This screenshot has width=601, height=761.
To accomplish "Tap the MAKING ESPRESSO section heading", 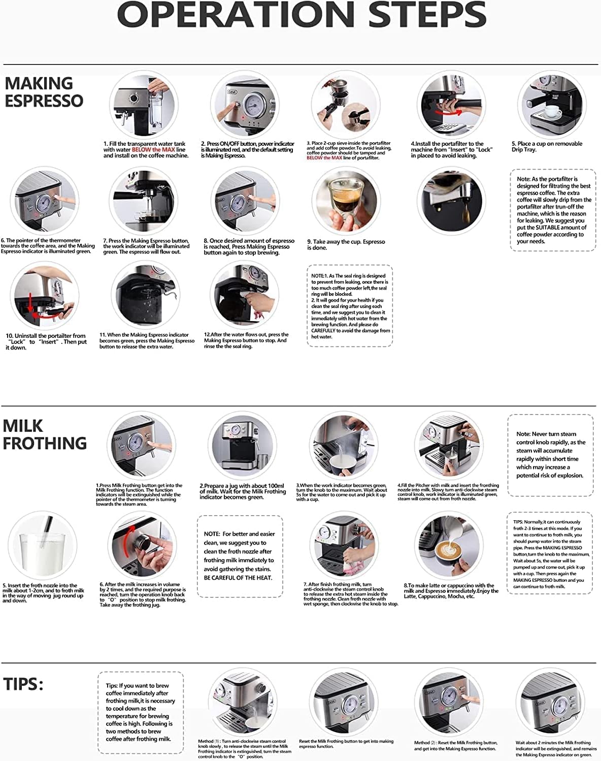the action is pyautogui.click(x=44, y=92).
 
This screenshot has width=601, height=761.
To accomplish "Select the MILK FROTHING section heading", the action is pyautogui.click(x=45, y=434).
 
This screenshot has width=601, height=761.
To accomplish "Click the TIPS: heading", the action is pyautogui.click(x=23, y=684).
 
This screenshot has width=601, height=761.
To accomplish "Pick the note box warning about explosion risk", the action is pyautogui.click(x=550, y=455).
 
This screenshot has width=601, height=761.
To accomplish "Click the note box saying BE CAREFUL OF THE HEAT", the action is pyautogui.click(x=240, y=556).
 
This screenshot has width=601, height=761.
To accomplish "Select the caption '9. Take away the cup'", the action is pyautogui.click(x=346, y=245).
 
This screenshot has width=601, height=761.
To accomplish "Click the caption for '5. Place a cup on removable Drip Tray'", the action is pyautogui.click(x=547, y=147).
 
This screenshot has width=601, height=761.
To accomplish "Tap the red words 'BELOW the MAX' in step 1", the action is pyautogui.click(x=153, y=150).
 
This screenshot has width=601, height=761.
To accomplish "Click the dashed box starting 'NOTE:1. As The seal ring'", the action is pyautogui.click(x=350, y=306).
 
